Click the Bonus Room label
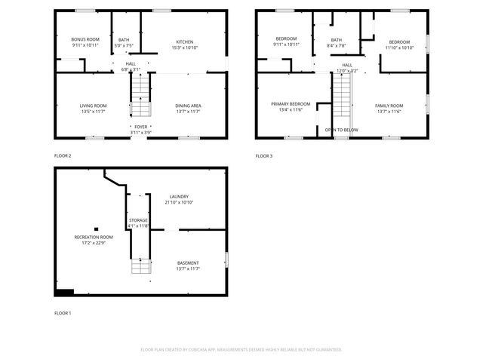[x=85, y=39]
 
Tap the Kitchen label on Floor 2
[x=185, y=41]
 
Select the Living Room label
[x=93, y=105]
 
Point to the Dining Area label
[x=188, y=105]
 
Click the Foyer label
[x=141, y=127]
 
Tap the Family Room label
[x=389, y=105]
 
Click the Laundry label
[x=179, y=197]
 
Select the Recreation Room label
[x=89, y=238]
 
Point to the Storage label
[x=137, y=220]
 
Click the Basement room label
[x=188, y=263]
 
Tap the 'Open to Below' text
[x=341, y=130]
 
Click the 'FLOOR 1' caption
[x=63, y=312]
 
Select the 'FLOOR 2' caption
[x=63, y=155]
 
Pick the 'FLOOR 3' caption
[x=263, y=155]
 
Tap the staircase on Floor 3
[x=343, y=98]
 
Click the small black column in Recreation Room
[x=96, y=229]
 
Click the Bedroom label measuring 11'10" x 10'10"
[x=399, y=41]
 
